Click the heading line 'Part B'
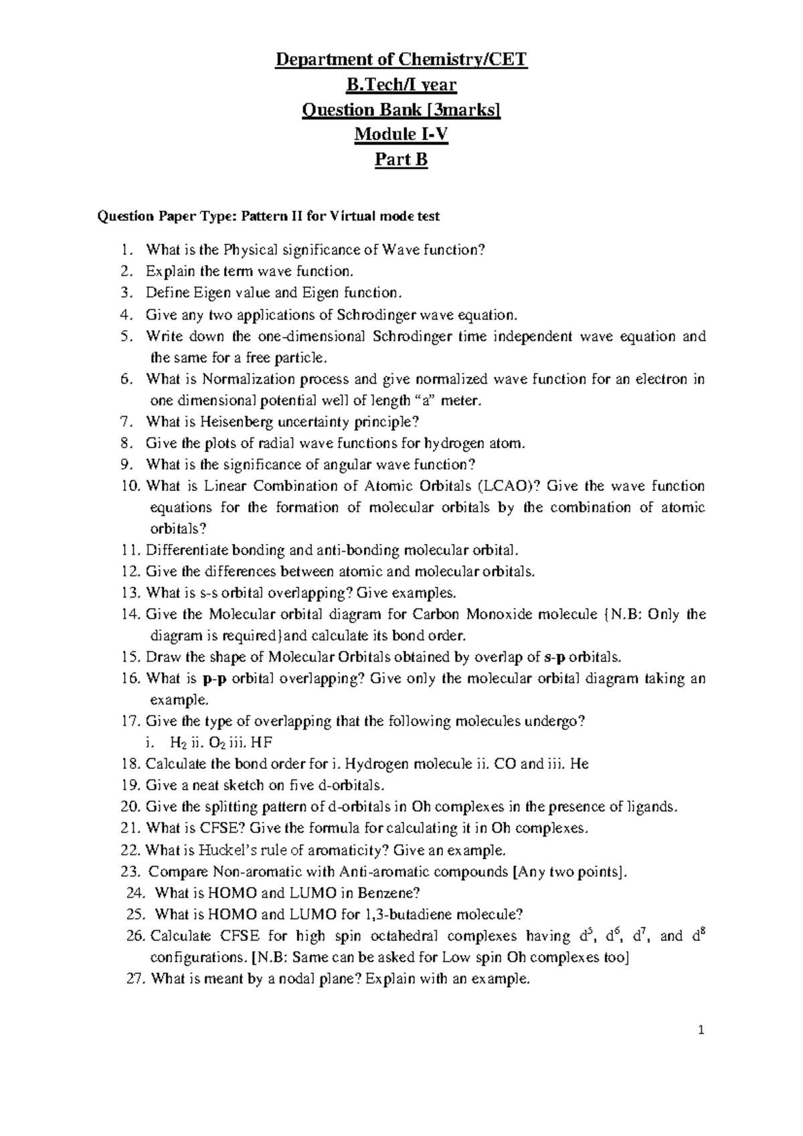click(x=401, y=160)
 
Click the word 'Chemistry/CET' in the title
click(x=468, y=60)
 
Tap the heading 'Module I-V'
click(x=401, y=135)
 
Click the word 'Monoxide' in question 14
click(x=501, y=614)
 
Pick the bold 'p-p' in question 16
click(x=211, y=679)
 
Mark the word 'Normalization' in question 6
click(x=244, y=379)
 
